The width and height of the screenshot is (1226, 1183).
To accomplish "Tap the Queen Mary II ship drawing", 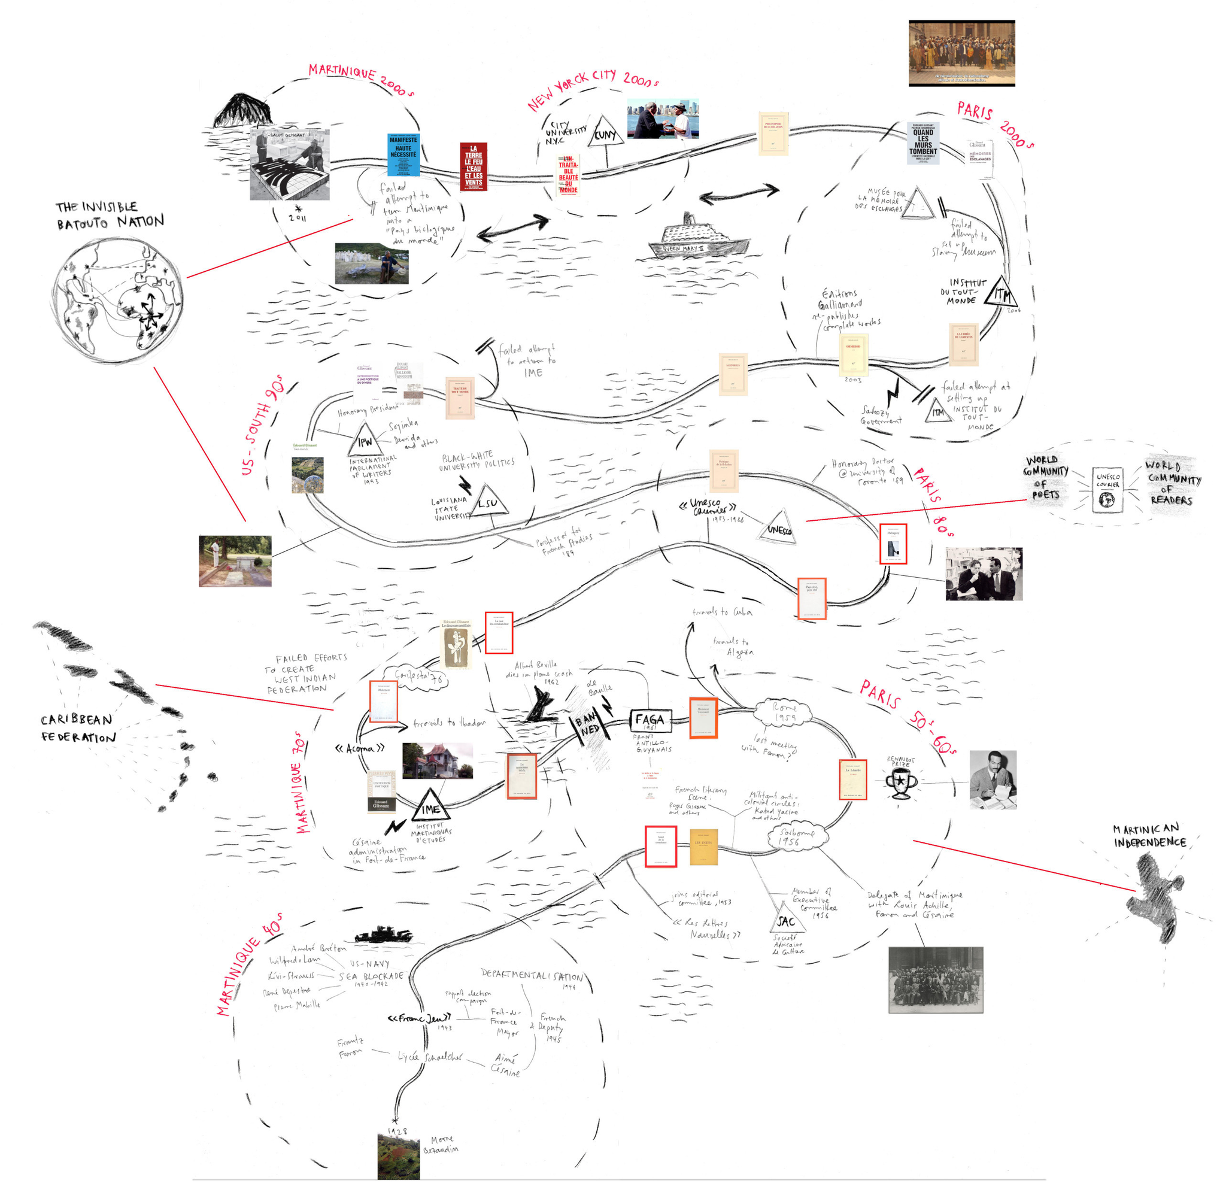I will [698, 238].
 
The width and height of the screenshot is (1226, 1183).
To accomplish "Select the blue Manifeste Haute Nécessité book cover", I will [403, 154].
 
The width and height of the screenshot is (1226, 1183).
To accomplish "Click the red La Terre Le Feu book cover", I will [474, 166].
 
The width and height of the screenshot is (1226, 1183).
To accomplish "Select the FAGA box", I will [650, 721].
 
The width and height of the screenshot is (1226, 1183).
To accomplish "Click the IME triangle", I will [430, 806].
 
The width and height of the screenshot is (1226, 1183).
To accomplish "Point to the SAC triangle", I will [786, 919].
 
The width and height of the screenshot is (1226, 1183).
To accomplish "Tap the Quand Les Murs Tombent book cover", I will [923, 143].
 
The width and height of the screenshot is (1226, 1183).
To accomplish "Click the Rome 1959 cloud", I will [784, 712].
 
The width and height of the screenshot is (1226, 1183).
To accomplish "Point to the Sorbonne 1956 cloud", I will [797, 837].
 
